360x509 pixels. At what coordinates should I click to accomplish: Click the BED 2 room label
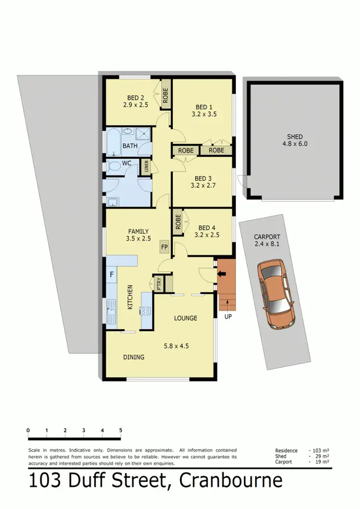pos(132,96)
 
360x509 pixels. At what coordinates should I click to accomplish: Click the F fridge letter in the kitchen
pos(111,275)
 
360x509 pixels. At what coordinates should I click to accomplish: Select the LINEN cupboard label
pos(146,167)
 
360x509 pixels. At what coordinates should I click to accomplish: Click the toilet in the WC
pos(114,166)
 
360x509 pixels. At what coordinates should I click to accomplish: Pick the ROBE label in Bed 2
pos(165,96)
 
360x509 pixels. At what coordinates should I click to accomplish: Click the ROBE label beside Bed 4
pos(178,221)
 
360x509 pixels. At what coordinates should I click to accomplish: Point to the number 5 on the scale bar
pos(120,430)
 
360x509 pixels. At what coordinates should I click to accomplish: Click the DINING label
pos(133,357)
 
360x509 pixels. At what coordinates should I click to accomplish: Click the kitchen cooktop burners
pos(145,311)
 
